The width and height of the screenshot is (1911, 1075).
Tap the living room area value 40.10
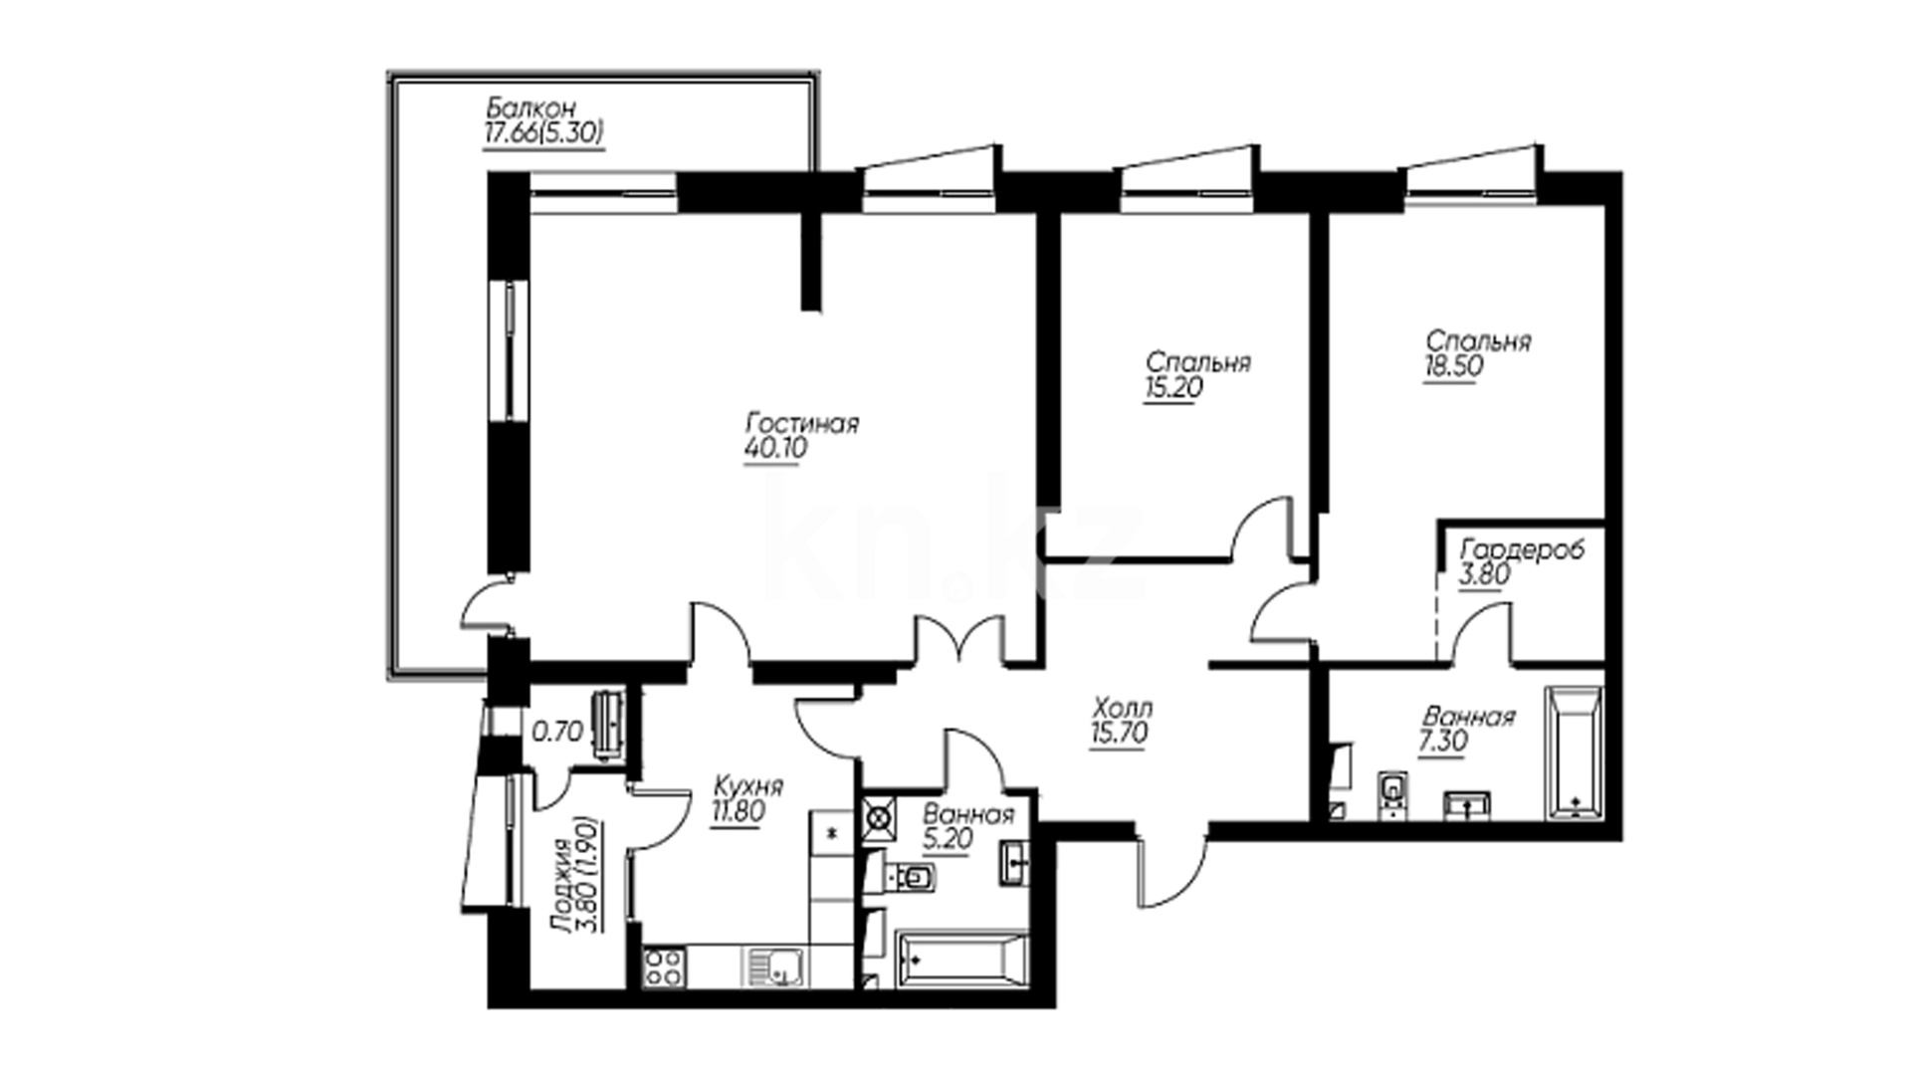(x=775, y=449)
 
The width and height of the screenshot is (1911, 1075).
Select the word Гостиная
(x=802, y=424)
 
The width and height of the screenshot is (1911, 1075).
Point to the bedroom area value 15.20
(x=1173, y=388)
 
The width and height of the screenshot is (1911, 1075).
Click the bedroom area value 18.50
(x=1454, y=365)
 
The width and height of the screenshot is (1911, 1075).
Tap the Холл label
(x=1123, y=710)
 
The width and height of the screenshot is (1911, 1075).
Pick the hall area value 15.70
(x=1120, y=735)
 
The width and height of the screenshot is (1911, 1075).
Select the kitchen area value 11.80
(x=738, y=812)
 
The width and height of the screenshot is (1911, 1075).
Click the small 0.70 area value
(x=557, y=733)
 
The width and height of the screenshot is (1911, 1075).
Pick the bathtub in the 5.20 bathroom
(x=961, y=960)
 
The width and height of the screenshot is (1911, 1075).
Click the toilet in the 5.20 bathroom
(x=912, y=876)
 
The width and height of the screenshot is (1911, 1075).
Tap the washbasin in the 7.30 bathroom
(x=1466, y=805)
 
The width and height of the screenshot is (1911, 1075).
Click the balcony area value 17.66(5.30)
(x=543, y=132)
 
